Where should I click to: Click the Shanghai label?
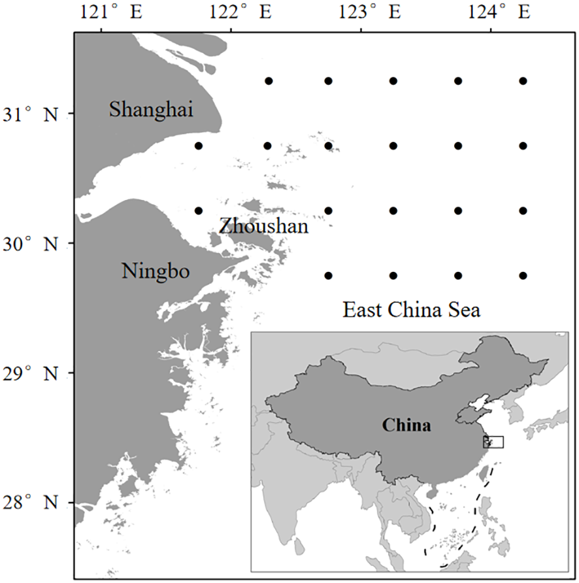151,109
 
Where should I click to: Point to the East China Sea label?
412,309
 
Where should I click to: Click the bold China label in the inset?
406,426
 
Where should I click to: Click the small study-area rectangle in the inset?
493,442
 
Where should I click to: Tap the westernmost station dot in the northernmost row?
268,81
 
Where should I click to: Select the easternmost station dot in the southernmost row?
523,276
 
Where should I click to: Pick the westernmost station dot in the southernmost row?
329,276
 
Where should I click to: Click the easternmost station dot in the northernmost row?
523,81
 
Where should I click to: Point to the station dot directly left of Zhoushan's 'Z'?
199,210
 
